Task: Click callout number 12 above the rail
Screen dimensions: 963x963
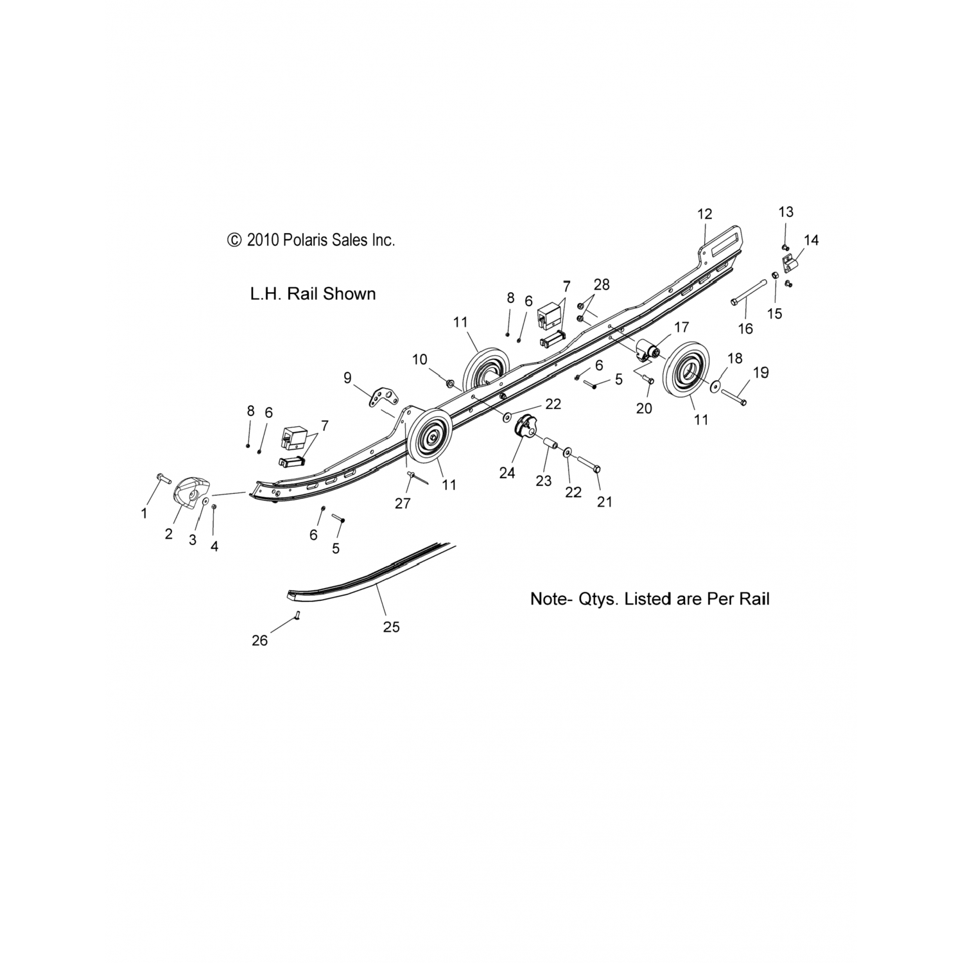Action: coord(704,214)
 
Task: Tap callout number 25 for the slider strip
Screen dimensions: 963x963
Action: coord(391,627)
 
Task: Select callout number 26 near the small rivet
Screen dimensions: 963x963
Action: coord(259,640)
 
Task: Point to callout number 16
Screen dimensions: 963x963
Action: coord(745,329)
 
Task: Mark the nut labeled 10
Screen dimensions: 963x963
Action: coord(450,384)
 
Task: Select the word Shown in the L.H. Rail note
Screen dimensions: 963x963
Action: coord(349,294)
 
